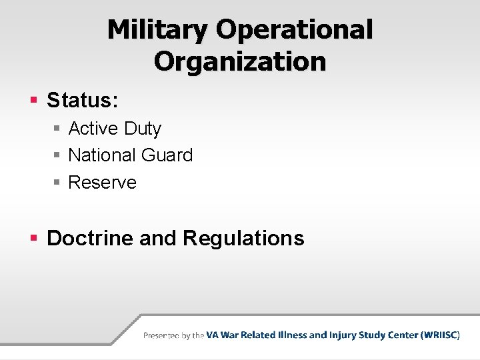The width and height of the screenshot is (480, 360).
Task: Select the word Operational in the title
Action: (x=295, y=29)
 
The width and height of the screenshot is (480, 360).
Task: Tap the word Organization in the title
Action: (x=240, y=61)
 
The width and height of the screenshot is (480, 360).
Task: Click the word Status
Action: (x=82, y=101)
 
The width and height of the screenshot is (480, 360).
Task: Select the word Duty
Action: (x=145, y=128)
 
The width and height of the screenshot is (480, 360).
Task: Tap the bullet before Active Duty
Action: (x=58, y=128)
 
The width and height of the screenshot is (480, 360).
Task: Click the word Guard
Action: (x=167, y=155)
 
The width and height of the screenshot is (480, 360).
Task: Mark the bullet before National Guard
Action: (x=58, y=155)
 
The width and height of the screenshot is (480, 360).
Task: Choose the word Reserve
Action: (x=103, y=183)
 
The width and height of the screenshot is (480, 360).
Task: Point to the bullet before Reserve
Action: (x=58, y=183)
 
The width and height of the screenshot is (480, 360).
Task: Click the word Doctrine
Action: (x=90, y=238)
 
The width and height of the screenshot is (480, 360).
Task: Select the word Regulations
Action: (x=243, y=238)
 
